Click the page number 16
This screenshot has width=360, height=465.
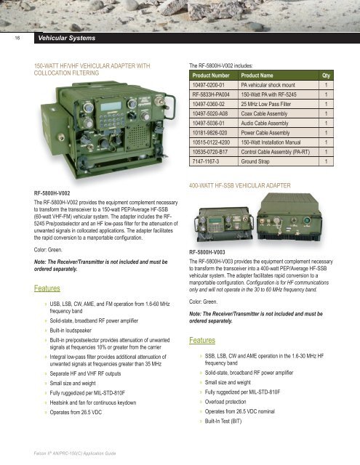point(17,38)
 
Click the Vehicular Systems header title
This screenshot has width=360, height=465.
point(66,38)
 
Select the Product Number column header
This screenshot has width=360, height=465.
point(211,76)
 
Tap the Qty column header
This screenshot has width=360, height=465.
point(326,76)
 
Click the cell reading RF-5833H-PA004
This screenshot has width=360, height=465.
point(211,94)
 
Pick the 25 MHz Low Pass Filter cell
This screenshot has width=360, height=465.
point(265,104)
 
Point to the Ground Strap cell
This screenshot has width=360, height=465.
point(255,161)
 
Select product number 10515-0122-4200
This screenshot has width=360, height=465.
point(211,142)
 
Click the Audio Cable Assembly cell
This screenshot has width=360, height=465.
point(265,123)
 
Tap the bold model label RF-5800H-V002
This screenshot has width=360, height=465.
point(52,193)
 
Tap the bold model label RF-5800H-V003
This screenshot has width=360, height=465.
point(207,252)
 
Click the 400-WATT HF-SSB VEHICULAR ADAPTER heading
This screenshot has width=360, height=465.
point(240,186)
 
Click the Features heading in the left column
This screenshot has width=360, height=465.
point(47,288)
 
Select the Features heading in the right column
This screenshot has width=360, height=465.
point(202,340)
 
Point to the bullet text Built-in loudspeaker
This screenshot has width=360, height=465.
point(71,331)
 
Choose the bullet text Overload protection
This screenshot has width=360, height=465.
point(225,402)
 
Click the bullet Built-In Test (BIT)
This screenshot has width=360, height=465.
point(223,421)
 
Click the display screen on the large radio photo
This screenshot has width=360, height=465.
point(111,107)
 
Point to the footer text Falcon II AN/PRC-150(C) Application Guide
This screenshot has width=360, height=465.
point(75,453)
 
